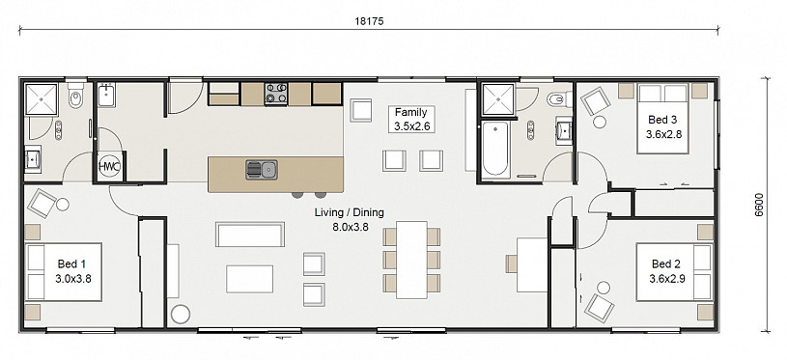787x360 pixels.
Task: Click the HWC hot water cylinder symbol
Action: [109, 166]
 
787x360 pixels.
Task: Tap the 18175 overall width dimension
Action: [369, 21]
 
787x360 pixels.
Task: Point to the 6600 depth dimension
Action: [758, 205]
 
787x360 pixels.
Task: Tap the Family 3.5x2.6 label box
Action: [411, 120]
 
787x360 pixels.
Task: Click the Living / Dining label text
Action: [350, 212]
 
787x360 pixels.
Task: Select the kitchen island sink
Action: [262, 170]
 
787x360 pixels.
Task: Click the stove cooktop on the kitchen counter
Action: [276, 94]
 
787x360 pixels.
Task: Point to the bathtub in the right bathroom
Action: [496, 148]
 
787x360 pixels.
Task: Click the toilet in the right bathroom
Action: [560, 99]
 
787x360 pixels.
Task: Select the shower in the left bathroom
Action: [42, 99]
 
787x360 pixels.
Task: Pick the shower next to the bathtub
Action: [498, 99]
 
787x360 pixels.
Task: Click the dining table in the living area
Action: [411, 260]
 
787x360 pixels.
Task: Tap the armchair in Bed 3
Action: [596, 101]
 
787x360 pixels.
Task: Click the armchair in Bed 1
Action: [42, 203]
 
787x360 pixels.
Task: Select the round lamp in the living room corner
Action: [181, 314]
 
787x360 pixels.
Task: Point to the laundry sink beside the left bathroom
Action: [107, 96]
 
